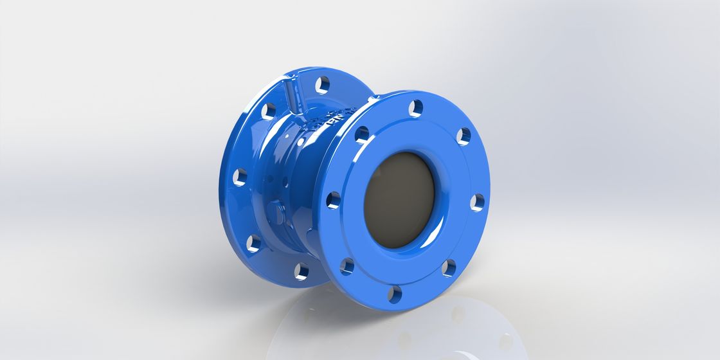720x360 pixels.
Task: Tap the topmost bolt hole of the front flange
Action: coord(416,108)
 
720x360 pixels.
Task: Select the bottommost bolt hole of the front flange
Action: coord(394,294)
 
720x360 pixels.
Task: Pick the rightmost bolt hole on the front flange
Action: coord(476,202)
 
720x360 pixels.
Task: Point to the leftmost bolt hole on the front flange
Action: coord(333,200)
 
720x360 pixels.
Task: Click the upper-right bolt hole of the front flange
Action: coord(464,136)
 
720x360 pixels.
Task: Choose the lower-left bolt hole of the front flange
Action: coord(347,265)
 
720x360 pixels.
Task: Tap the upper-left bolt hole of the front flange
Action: coord(362,134)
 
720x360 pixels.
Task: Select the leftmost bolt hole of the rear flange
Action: coord(240,176)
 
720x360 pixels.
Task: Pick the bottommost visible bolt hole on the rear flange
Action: coord(300,271)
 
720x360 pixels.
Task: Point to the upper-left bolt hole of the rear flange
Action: coord(268,111)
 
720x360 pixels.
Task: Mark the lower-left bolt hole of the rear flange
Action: coord(254,242)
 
